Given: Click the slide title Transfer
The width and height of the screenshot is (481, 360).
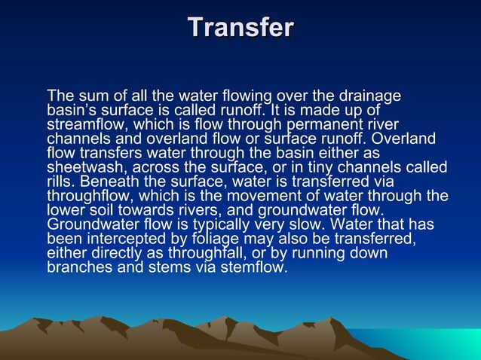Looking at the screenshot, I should coord(240,28).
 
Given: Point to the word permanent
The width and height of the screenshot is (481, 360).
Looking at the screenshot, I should coord(334,124).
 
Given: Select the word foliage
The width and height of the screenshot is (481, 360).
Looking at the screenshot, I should coord(213,238).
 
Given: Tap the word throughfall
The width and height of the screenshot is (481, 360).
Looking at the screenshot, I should coord(200,252).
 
